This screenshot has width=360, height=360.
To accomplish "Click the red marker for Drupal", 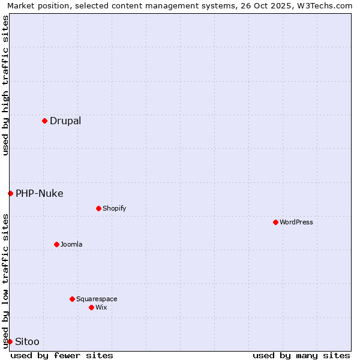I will (x=44, y=121).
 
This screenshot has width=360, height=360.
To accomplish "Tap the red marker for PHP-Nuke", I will (x=10, y=193).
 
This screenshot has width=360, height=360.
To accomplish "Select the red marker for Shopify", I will (x=98, y=208).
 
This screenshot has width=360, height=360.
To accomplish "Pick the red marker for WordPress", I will (x=275, y=222).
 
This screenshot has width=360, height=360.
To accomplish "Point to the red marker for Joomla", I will (x=56, y=244).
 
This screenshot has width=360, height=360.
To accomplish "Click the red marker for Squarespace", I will (x=72, y=299).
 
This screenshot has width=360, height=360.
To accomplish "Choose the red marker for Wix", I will (x=91, y=307).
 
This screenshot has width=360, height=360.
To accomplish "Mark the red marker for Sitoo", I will (x=10, y=341).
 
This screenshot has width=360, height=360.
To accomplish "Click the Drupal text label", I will (x=65, y=121).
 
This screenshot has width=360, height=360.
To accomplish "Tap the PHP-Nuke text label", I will (x=40, y=193).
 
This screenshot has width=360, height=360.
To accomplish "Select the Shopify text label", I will (x=114, y=208).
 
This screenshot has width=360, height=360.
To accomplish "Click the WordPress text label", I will (x=296, y=222).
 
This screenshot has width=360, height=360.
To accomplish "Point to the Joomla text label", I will (x=71, y=244).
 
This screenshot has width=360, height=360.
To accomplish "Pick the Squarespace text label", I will (x=97, y=299).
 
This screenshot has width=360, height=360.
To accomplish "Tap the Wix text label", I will (x=101, y=307).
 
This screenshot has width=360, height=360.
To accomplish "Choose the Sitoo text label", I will (x=27, y=341).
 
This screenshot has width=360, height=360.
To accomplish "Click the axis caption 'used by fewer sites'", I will (x=62, y=355).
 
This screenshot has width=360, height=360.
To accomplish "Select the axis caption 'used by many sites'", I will (x=301, y=355).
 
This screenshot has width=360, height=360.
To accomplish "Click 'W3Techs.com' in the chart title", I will (x=328, y=6).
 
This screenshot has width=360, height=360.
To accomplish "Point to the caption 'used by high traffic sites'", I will (x=6, y=85).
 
